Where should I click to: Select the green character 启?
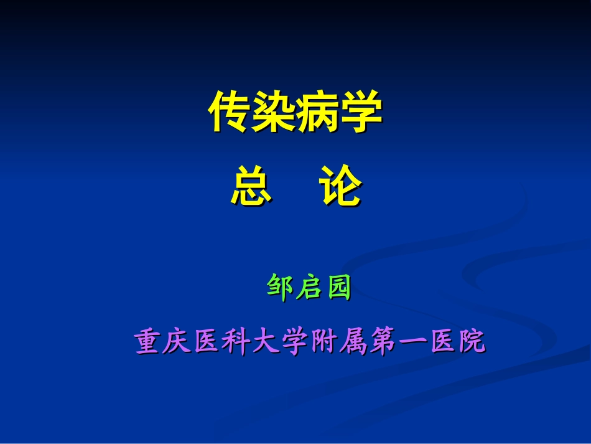(309, 288)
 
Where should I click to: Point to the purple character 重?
(149, 342)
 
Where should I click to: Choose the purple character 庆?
(178, 342)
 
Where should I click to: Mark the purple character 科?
(237, 342)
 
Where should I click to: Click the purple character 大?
(266, 342)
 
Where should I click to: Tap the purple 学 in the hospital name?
(295, 342)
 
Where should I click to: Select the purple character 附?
(325, 342)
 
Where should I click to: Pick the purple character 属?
(354, 342)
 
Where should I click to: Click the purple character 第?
(383, 342)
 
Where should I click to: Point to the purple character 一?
(412, 342)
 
